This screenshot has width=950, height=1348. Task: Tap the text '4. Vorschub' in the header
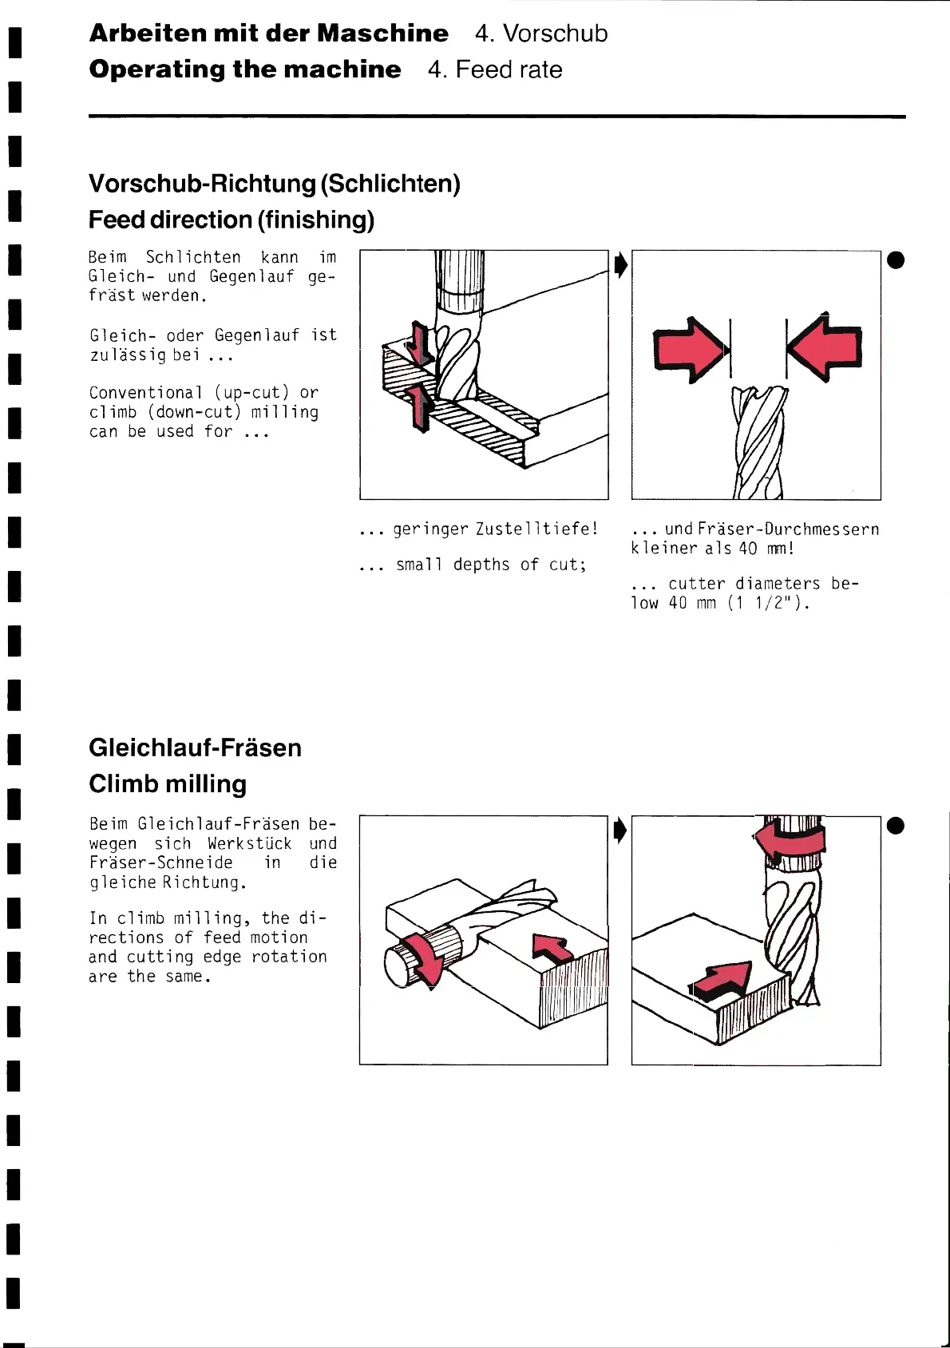click(x=540, y=34)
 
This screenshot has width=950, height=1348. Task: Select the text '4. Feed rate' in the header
click(x=494, y=69)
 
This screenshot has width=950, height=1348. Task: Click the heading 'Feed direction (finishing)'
click(x=232, y=220)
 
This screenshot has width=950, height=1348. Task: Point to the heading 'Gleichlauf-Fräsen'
click(x=195, y=747)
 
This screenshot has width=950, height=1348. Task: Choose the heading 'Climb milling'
click(x=168, y=783)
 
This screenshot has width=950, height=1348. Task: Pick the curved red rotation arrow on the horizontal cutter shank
click(x=422, y=958)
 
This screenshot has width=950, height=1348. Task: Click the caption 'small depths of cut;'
click(x=491, y=565)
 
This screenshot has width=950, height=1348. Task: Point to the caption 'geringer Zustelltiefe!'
click(x=495, y=529)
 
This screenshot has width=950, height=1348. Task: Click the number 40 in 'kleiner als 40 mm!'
click(x=747, y=549)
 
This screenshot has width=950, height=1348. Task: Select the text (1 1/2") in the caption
click(x=769, y=603)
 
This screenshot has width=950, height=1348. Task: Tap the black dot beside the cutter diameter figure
click(x=896, y=260)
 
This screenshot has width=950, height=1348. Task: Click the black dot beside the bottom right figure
click(x=896, y=826)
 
